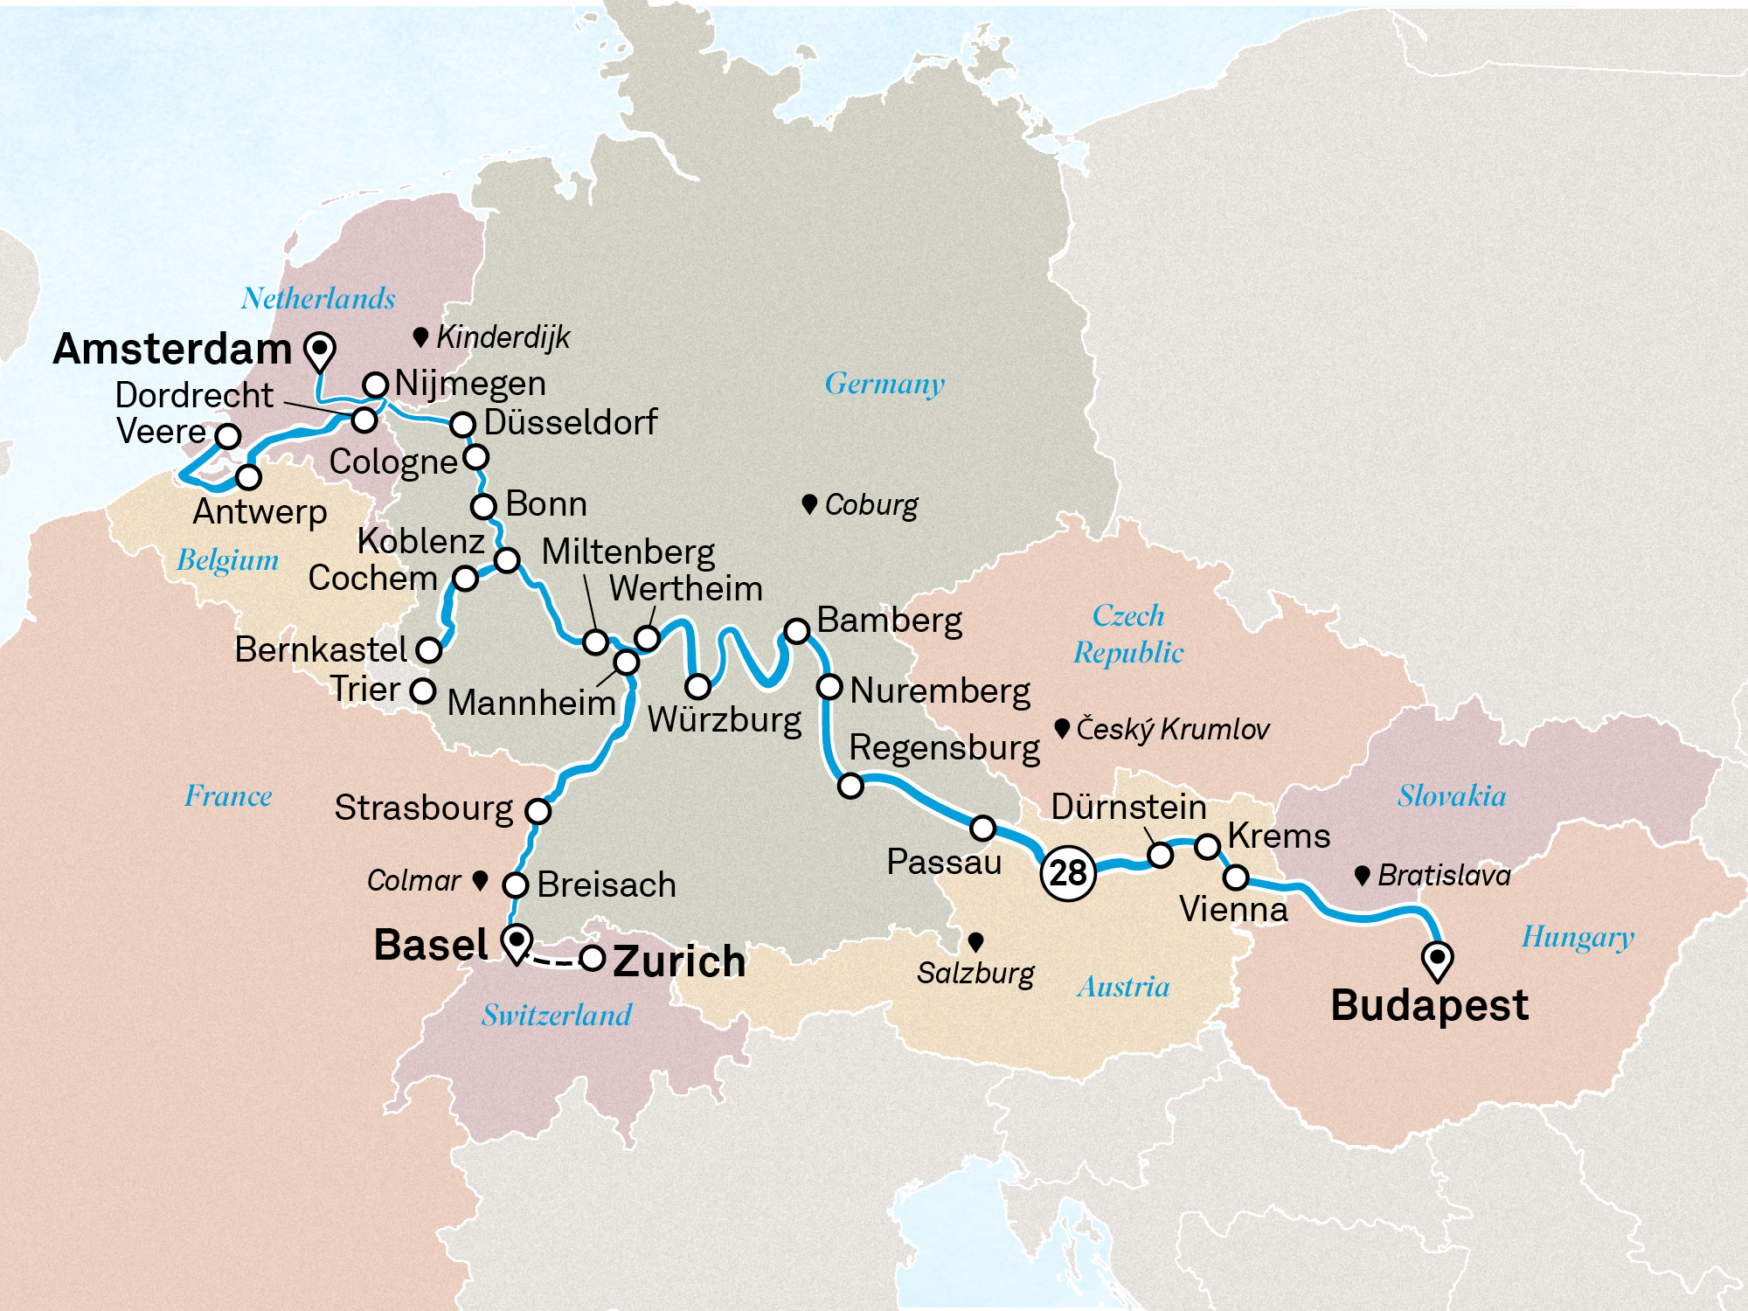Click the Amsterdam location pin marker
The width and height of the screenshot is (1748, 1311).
click(320, 350)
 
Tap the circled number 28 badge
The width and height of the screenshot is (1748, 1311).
click(1068, 872)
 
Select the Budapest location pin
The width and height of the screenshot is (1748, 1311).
click(1437, 959)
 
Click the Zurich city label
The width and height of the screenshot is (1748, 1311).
click(679, 961)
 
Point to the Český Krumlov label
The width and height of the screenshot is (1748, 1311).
click(1172, 729)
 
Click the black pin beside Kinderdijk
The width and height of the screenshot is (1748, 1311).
click(420, 336)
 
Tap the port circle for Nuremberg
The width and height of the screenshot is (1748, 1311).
click(829, 687)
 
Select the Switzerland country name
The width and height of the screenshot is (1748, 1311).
click(557, 1015)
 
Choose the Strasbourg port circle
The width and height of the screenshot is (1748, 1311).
click(538, 811)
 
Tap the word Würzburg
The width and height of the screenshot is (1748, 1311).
click(725, 720)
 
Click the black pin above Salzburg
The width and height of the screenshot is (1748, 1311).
click(976, 941)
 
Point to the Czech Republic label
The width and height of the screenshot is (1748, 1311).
click(1128, 634)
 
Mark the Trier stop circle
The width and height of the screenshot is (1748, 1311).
click(423, 691)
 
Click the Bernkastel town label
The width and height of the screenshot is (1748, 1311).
click(321, 649)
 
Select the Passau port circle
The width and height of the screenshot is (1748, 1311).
click(983, 828)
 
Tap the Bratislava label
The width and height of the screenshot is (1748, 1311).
click(1444, 875)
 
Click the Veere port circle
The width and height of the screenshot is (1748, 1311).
click(228, 436)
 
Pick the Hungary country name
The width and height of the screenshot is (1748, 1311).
click(1578, 937)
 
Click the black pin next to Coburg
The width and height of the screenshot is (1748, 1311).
click(809, 503)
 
